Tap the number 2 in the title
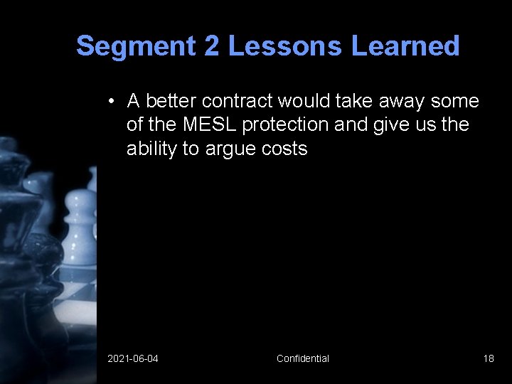click(x=212, y=46)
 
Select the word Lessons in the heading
click(x=285, y=46)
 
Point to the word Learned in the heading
click(x=406, y=46)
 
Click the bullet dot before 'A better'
click(x=112, y=102)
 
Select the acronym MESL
click(x=210, y=124)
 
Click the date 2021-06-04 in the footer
click(x=133, y=358)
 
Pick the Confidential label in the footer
click(x=303, y=358)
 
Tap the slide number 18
click(x=489, y=358)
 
